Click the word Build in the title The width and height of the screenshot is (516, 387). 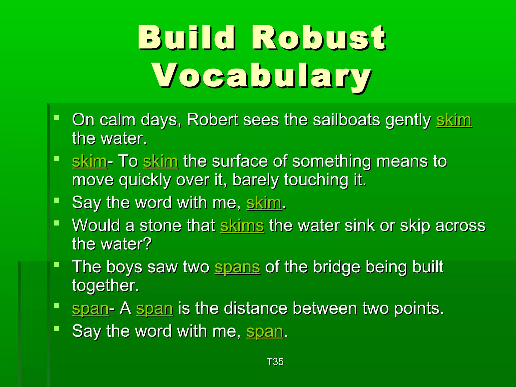(186, 38)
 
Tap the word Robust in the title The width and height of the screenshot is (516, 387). (319, 38)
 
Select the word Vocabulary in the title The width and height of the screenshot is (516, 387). (262, 76)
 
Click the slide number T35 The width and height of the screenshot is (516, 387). (275, 362)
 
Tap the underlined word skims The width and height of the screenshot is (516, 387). (242, 225)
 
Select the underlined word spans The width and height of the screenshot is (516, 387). (237, 267)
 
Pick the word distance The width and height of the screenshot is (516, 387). (255, 308)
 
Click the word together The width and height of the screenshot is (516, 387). (105, 286)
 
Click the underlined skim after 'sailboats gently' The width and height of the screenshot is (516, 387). (454, 120)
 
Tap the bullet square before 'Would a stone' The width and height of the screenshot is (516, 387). (56, 223)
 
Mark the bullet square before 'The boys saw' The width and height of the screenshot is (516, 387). (56, 264)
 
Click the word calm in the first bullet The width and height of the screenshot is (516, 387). (117, 120)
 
